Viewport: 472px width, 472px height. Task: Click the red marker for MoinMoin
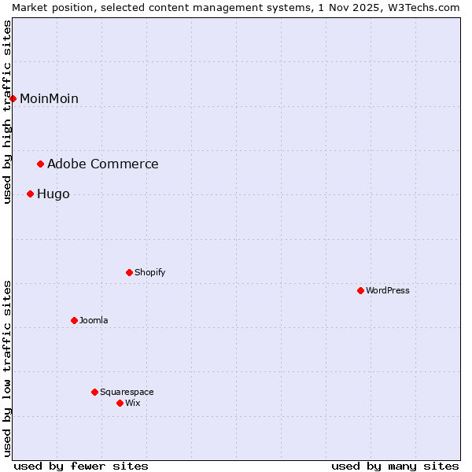tap(13, 98)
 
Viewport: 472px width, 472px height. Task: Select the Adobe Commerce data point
tap(40, 164)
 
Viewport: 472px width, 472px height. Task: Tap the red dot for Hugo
tap(30, 194)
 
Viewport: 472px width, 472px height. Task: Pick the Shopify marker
tap(129, 272)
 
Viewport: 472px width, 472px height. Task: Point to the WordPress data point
tap(360, 290)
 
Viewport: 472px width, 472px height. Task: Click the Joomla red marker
tap(74, 320)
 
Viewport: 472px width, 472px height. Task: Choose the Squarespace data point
tap(94, 392)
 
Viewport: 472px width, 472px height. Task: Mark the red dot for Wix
tap(120, 403)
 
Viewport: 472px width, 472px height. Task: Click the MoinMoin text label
tap(49, 98)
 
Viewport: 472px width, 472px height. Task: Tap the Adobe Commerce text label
tap(102, 164)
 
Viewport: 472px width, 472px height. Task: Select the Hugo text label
tap(53, 194)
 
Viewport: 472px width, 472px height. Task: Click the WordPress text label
tap(387, 290)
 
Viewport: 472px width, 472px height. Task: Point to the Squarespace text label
tap(127, 392)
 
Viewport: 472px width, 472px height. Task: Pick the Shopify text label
tap(149, 272)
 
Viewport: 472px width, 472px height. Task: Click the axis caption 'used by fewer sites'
tap(81, 466)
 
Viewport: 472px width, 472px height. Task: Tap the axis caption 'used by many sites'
tap(395, 466)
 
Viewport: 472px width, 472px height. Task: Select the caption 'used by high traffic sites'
tap(7, 112)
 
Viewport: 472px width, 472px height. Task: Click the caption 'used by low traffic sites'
tap(7, 368)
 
